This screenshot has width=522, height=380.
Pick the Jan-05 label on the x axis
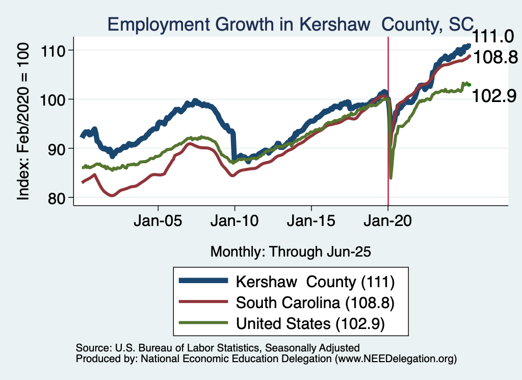click(x=158, y=223)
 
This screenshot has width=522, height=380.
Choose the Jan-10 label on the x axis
click(x=234, y=223)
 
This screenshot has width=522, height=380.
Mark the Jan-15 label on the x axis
click(x=311, y=223)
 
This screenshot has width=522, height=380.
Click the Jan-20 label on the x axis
click(x=388, y=223)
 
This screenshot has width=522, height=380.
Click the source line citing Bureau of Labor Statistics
click(x=218, y=348)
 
